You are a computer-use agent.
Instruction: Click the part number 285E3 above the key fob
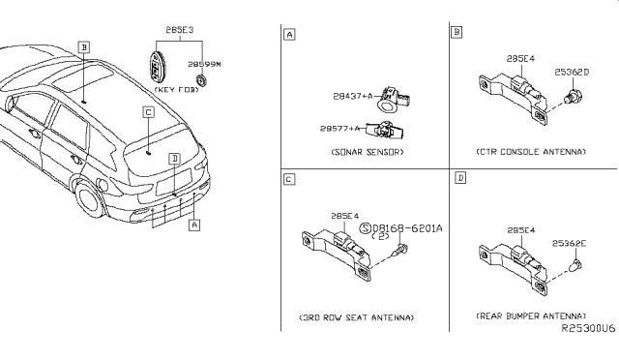tap(180, 30)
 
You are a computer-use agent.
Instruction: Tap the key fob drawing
tap(155, 66)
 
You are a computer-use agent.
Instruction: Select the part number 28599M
tap(204, 64)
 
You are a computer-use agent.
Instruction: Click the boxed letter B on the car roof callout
tap(84, 47)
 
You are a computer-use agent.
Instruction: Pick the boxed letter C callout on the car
tap(148, 112)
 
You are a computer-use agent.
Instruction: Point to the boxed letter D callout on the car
tap(174, 159)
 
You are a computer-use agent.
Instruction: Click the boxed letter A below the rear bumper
tap(193, 225)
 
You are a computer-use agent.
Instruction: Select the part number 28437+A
tap(353, 96)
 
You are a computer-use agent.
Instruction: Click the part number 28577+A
tap(339, 129)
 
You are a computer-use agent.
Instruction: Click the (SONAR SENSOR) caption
tap(368, 152)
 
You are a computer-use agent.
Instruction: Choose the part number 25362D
tap(572, 73)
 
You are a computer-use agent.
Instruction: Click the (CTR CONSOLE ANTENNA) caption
tap(531, 152)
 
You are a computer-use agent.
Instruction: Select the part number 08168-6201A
tap(407, 228)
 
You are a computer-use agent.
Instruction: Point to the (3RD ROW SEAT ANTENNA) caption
tap(357, 317)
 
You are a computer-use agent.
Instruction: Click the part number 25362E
tap(570, 244)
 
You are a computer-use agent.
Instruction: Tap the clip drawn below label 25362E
tap(576, 265)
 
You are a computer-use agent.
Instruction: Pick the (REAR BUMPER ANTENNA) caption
tap(531, 316)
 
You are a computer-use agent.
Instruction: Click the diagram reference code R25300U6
tap(588, 329)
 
